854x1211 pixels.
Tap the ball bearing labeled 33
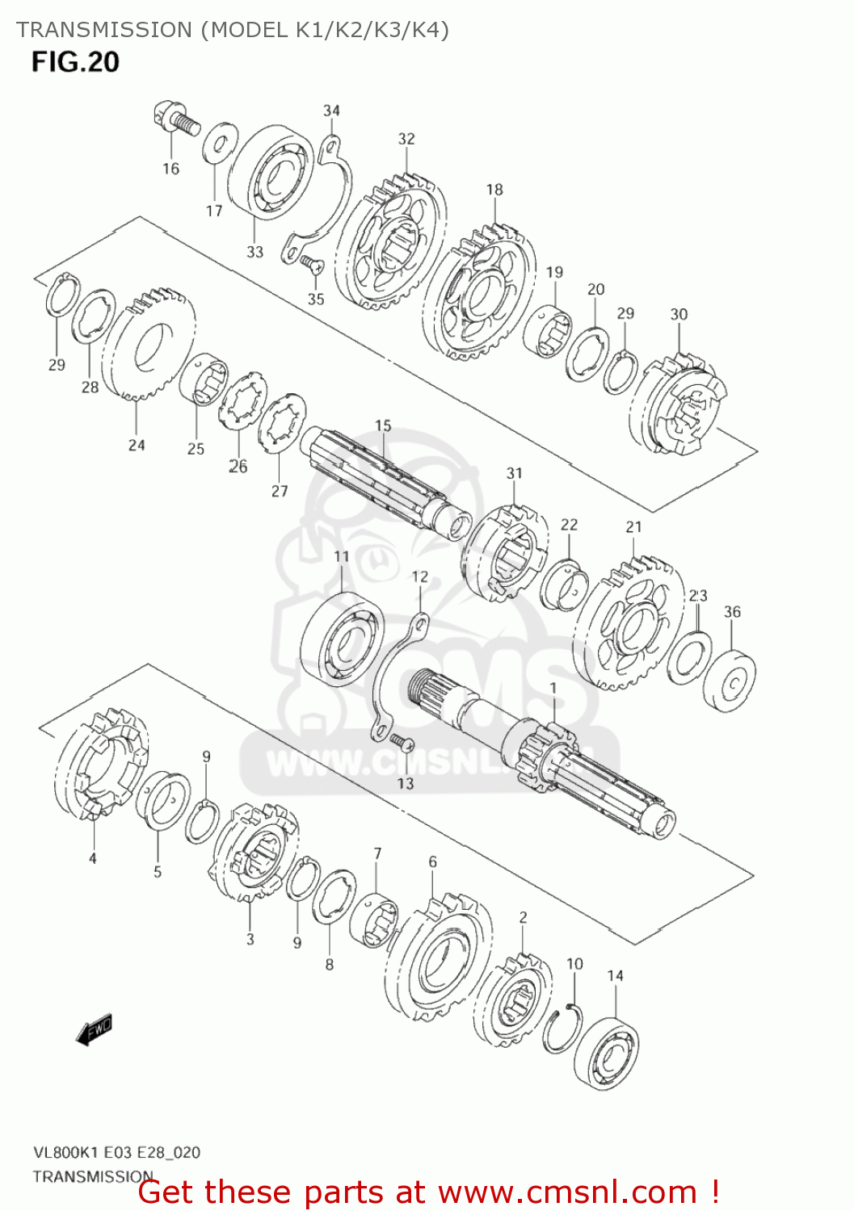[271, 172]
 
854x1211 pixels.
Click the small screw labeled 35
[311, 263]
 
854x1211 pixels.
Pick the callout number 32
[406, 139]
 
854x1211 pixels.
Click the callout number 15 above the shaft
[383, 425]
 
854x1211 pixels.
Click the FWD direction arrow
[94, 1030]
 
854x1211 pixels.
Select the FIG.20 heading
[75, 62]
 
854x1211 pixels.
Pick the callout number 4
[92, 858]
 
